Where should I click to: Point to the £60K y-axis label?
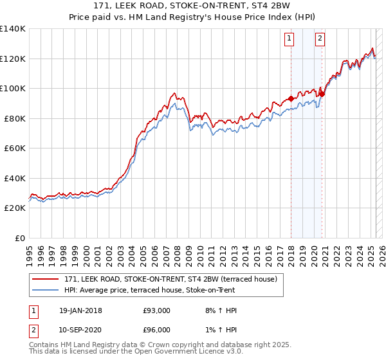14,148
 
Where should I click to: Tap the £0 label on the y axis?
19,238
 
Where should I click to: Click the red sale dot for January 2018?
291,99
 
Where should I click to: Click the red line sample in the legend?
46,279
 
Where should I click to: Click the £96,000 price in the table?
157,330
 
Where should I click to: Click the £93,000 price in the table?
157,310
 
